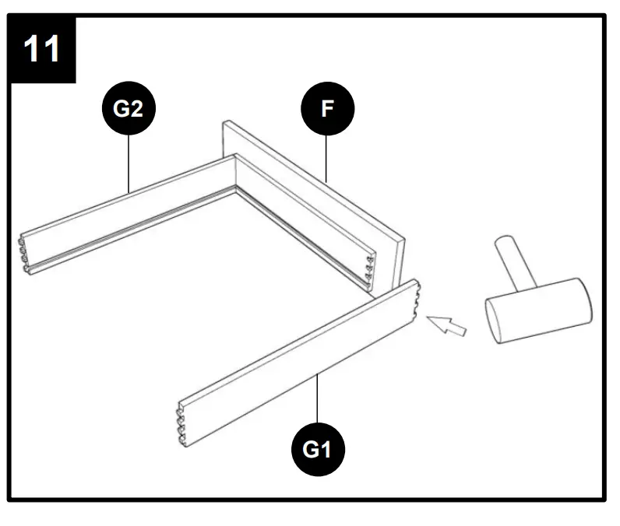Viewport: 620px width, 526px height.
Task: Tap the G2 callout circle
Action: [128, 109]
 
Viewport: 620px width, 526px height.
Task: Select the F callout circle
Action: [327, 109]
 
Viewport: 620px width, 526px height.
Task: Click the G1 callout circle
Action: [317, 450]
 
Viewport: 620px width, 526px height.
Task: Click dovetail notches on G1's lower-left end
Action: [183, 424]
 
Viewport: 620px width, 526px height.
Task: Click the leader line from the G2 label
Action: [128, 163]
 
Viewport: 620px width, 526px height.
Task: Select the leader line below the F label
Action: [327, 160]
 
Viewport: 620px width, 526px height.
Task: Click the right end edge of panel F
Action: [402, 265]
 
